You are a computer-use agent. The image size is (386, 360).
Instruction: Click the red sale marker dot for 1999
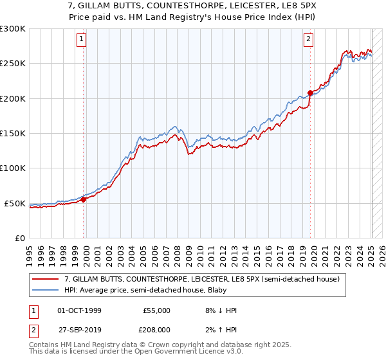click(x=84, y=199)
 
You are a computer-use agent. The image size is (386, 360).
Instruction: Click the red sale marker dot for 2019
click(x=310, y=93)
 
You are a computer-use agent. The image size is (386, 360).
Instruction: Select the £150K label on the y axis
click(x=12, y=134)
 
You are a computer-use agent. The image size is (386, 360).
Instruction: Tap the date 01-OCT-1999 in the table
click(x=79, y=310)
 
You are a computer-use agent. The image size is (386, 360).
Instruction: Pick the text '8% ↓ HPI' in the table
click(x=219, y=310)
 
